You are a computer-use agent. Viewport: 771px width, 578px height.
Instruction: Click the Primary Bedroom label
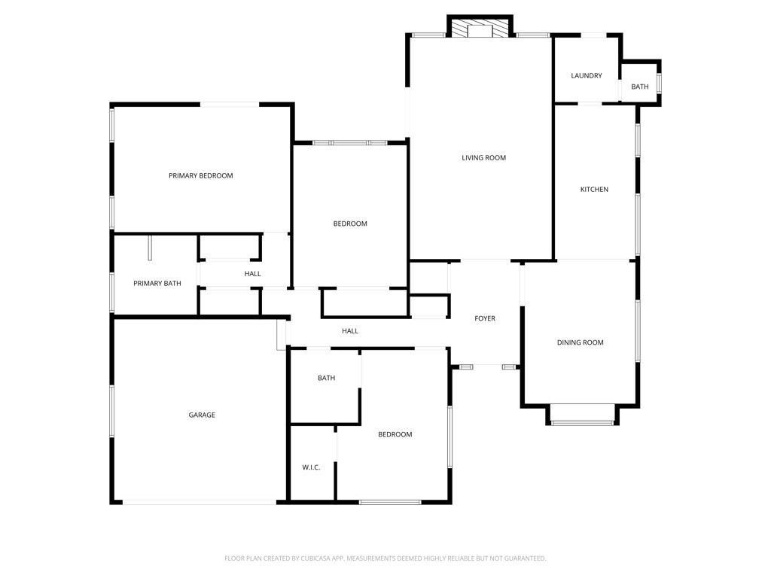coord(200,176)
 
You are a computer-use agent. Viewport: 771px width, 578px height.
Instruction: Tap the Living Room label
coord(483,158)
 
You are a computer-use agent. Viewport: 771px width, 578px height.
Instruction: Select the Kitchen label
coord(594,190)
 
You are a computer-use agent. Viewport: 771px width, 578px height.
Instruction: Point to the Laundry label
coord(586,76)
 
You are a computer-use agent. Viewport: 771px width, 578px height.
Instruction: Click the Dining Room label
coord(580,343)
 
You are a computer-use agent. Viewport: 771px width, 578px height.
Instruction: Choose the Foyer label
coord(485,319)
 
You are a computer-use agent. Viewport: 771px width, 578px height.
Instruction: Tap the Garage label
coord(202,415)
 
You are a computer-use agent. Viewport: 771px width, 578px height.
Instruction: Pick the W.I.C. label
coord(311,467)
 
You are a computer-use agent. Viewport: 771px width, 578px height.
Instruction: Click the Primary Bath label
coord(157,284)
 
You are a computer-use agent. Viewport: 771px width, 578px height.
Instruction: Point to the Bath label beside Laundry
coord(639,87)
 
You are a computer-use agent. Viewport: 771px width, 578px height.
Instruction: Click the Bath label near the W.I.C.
coord(326,379)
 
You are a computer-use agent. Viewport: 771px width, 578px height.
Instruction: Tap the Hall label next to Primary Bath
coord(252,274)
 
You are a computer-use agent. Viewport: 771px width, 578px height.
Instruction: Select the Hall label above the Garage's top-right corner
coord(350,331)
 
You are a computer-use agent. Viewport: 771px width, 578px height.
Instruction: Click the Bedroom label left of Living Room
coord(350,224)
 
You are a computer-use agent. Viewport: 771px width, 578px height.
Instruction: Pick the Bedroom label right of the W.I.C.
coord(395,435)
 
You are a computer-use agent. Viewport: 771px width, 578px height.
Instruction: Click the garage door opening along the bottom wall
coord(200,502)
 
